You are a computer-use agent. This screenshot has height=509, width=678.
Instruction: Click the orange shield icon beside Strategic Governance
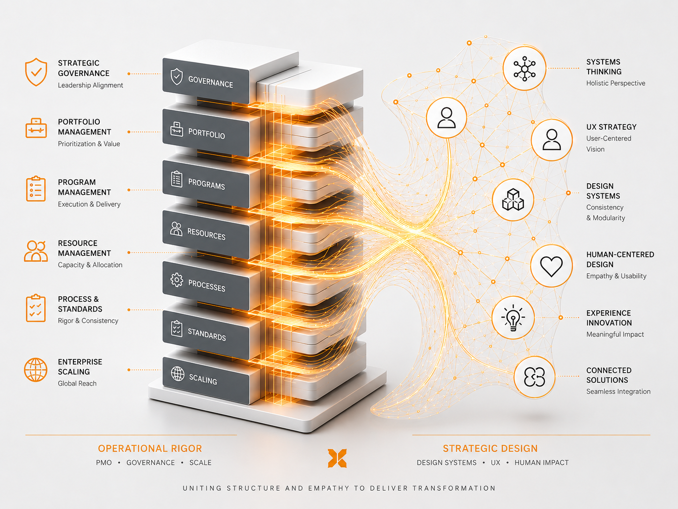(36, 72)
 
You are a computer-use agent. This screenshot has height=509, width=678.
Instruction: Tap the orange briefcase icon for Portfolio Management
(36, 128)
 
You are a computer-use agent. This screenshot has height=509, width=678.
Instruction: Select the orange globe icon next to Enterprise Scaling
(36, 370)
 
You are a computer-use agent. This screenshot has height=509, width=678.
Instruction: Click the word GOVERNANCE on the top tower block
(211, 82)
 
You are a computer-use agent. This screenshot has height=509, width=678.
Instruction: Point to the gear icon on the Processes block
(177, 280)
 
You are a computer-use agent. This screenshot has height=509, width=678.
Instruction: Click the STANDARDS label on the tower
(207, 335)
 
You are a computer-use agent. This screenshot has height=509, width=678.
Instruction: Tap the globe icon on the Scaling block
(177, 374)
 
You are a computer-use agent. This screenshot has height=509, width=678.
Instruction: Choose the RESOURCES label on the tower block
(206, 234)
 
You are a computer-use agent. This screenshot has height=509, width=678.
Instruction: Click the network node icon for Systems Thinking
(524, 68)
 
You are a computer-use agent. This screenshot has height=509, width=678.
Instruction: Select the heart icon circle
(552, 266)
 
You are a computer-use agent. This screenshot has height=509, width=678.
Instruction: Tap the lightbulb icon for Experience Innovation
(513, 318)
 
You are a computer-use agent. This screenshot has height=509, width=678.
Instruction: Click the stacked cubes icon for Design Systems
(513, 200)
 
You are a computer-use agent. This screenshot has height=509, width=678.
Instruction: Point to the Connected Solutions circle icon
(534, 377)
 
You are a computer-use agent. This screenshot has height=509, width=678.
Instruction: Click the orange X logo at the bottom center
(337, 458)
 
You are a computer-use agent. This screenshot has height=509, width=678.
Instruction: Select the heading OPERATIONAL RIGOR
(150, 449)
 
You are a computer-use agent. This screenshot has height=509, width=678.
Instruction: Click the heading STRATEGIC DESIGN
(490, 449)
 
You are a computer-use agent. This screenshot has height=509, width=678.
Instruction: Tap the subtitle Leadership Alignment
(90, 85)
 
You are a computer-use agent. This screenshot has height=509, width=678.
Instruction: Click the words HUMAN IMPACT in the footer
(541, 463)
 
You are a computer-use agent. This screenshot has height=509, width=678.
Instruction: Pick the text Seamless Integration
(619, 391)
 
